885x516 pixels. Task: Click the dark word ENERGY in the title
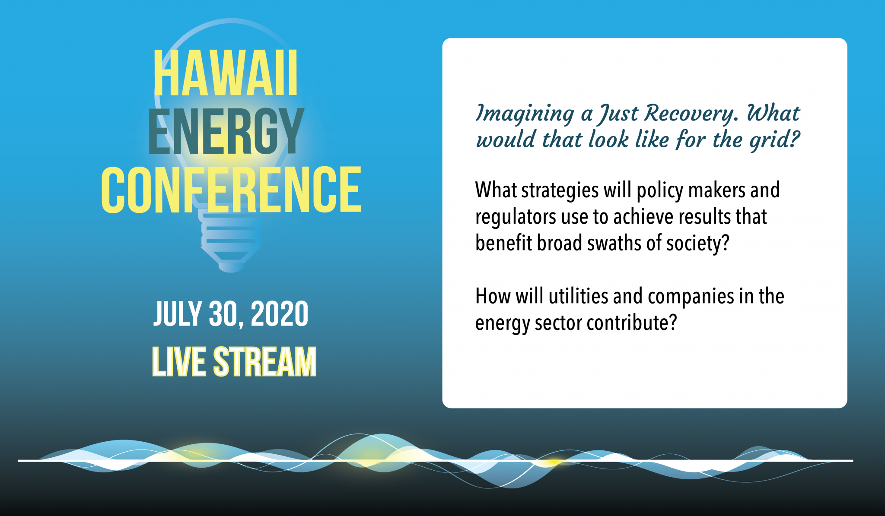tap(226, 131)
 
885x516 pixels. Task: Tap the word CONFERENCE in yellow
tap(231, 190)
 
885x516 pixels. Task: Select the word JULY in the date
tap(178, 314)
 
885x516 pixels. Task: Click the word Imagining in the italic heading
tap(525, 114)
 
